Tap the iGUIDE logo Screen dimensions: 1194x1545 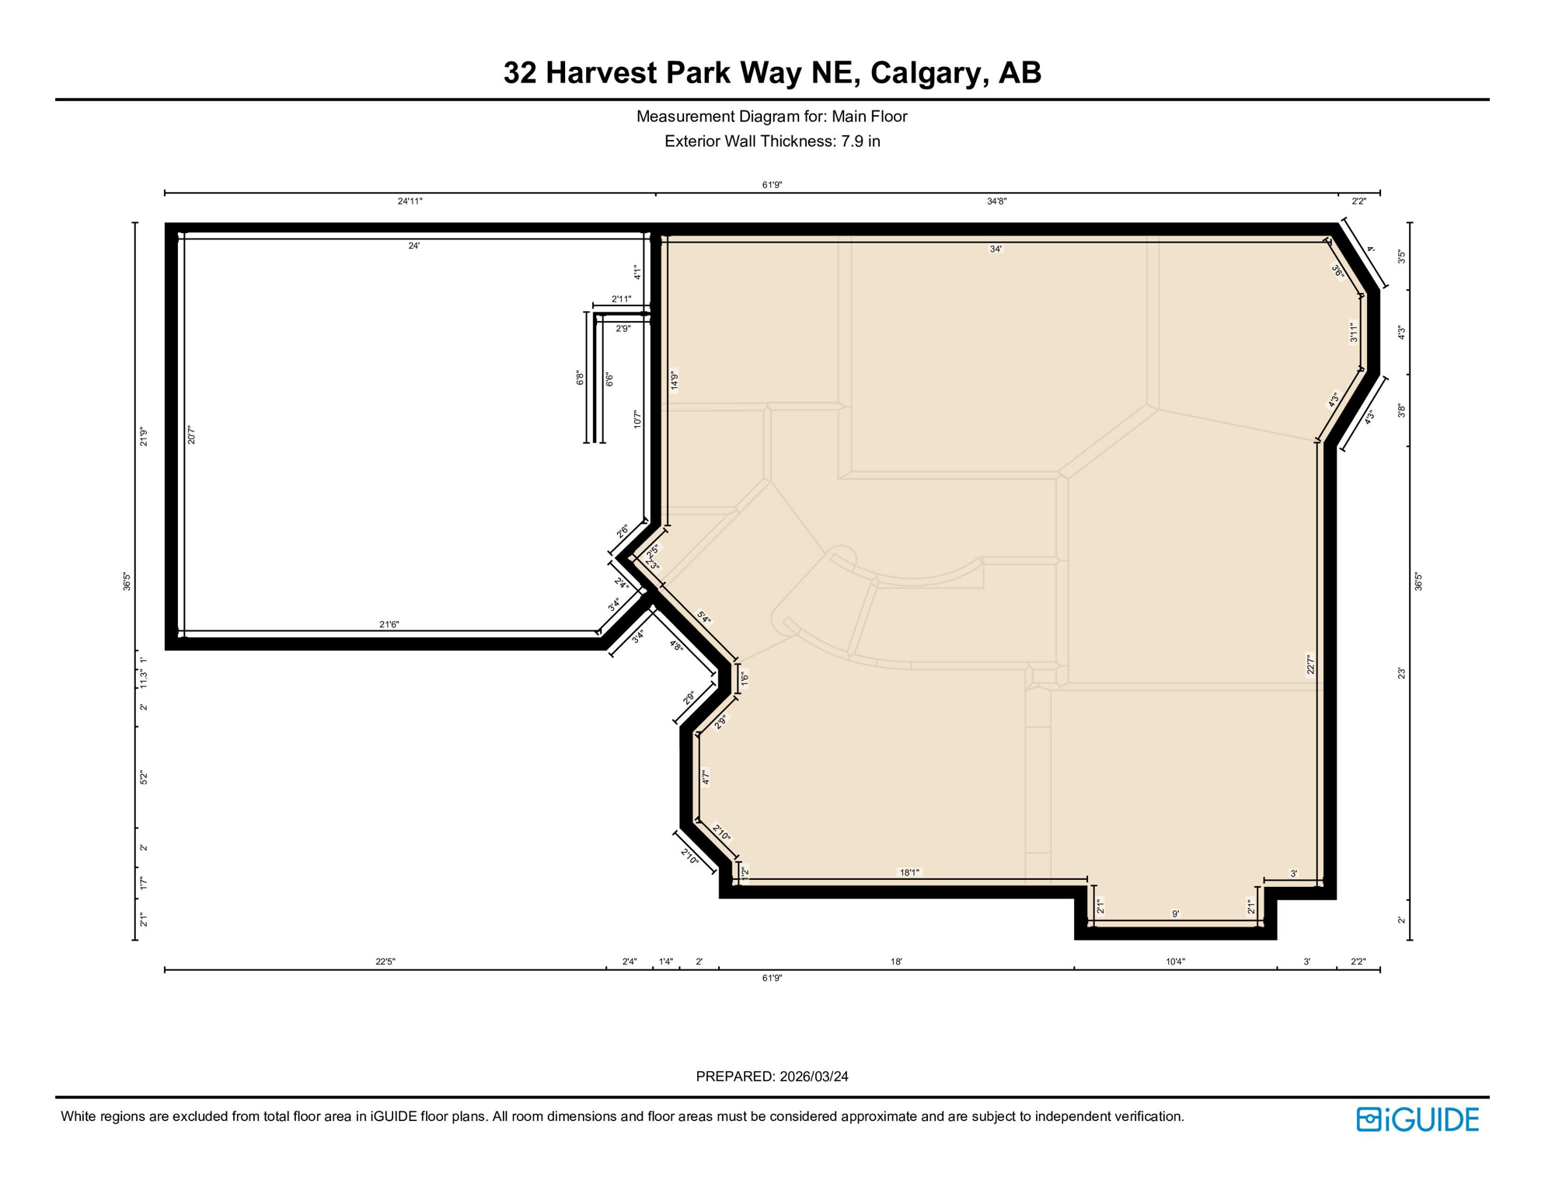[1418, 1119]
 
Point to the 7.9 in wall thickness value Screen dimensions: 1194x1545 [860, 141]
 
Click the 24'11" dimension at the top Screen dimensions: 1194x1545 [410, 201]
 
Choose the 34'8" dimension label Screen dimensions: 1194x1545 [996, 201]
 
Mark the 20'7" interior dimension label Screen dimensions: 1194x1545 [192, 435]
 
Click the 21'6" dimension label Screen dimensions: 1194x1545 [389, 625]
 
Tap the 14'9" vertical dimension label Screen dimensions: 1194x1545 [675, 380]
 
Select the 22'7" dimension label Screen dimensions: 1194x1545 [1310, 665]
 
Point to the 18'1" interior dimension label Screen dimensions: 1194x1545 [909, 873]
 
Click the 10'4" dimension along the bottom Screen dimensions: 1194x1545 [1175, 962]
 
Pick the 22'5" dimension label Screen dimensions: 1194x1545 [385, 962]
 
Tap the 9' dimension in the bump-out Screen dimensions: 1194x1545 [1175, 914]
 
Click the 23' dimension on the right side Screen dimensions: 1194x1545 [1402, 673]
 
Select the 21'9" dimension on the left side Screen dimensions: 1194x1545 [144, 437]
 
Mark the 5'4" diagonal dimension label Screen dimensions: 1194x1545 [704, 618]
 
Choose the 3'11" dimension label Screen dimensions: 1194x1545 [1353, 333]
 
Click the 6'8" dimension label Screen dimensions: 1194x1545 [580, 379]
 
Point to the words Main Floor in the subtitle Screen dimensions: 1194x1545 [869, 117]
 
